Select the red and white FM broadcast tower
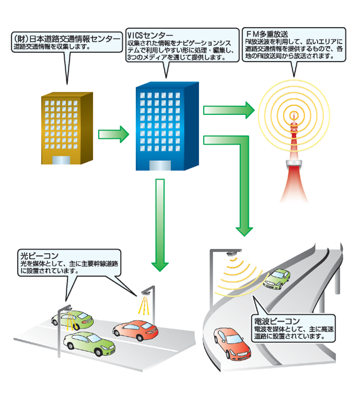[294, 157]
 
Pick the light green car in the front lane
[89, 345]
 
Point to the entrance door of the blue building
[160, 165]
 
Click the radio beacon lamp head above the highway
[230, 253]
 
